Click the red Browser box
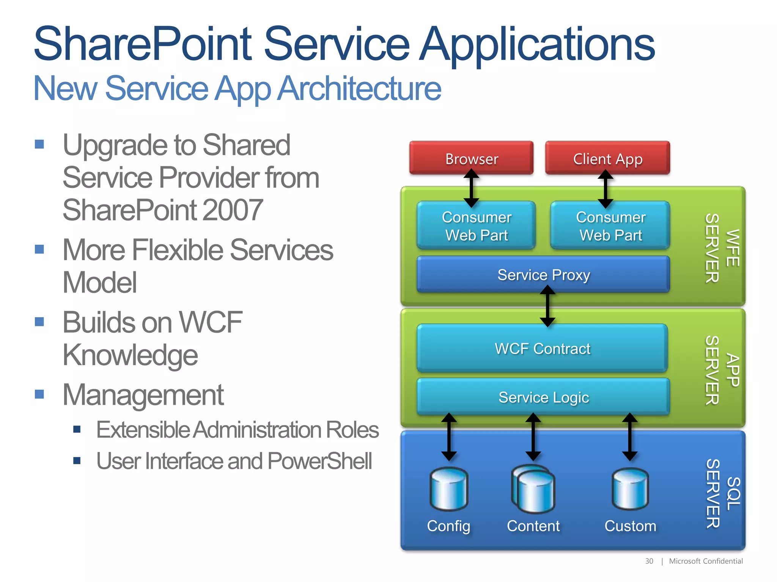(x=471, y=158)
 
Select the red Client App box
(x=607, y=158)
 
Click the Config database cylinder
(x=449, y=489)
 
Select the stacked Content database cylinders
(x=533, y=489)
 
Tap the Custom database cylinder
(x=630, y=489)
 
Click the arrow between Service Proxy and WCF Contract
(x=547, y=306)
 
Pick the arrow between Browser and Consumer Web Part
(x=471, y=188)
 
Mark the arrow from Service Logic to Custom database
(x=630, y=437)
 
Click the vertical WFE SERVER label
(x=722, y=248)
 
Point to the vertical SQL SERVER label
(x=723, y=493)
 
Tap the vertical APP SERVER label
(x=722, y=370)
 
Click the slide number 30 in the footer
(x=649, y=561)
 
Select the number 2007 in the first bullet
(x=233, y=210)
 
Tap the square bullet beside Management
(x=39, y=394)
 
